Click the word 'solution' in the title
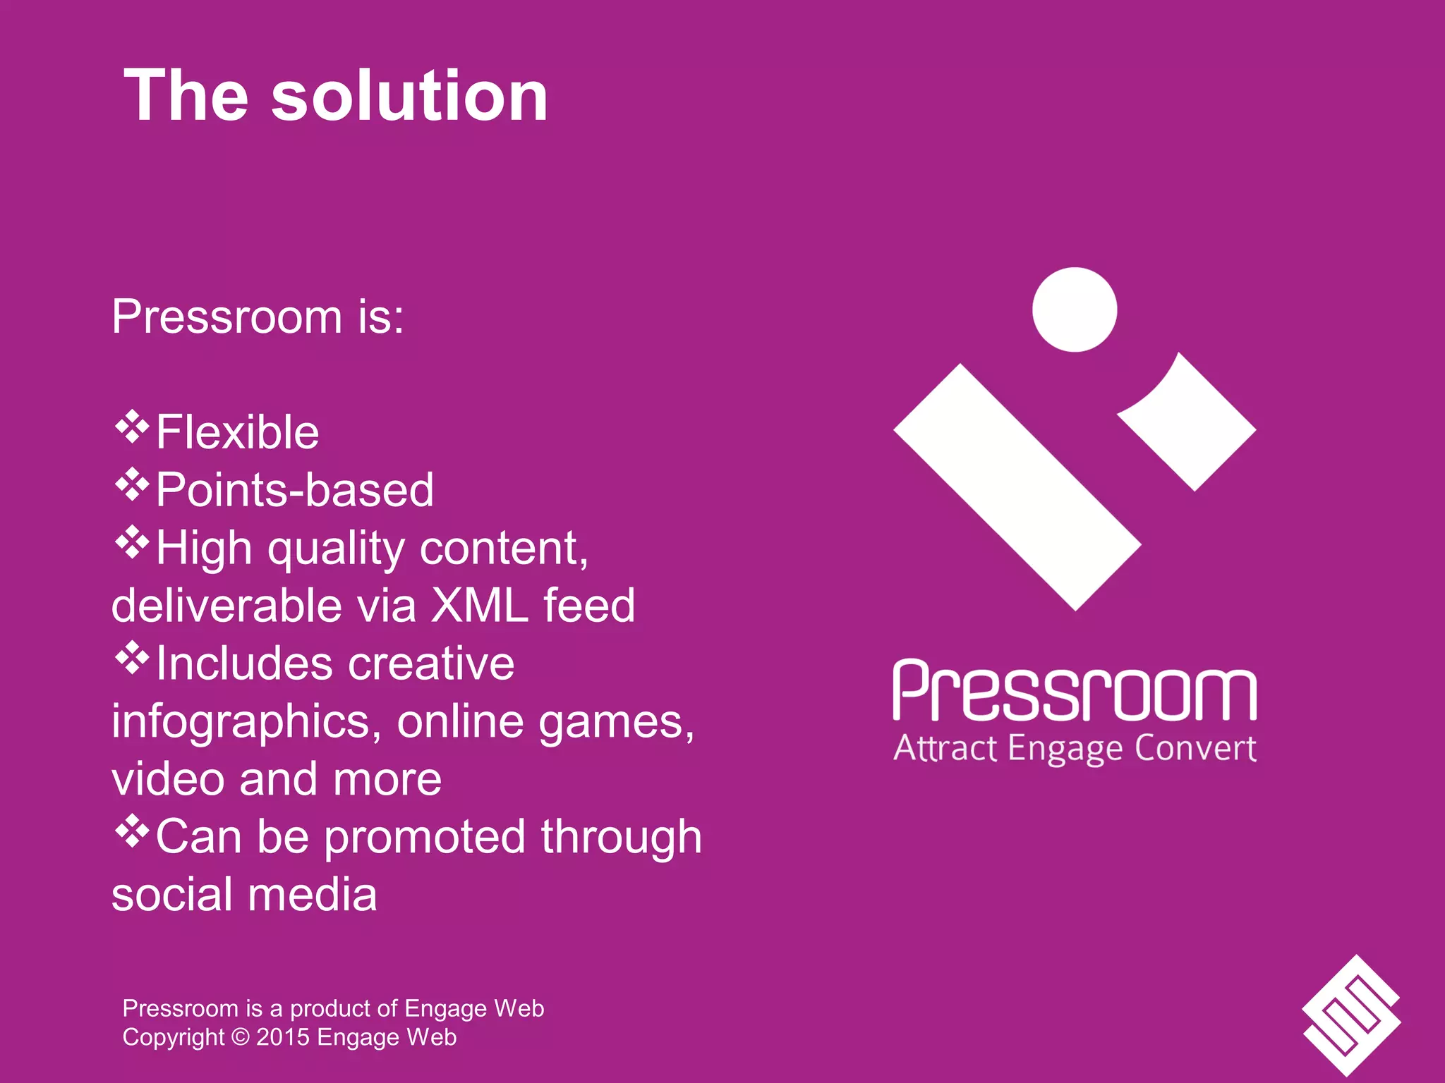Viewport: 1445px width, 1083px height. click(x=409, y=97)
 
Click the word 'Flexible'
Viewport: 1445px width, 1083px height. click(x=237, y=432)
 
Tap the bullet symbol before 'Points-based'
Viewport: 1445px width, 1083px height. click(x=132, y=485)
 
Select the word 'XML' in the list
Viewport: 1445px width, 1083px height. click(x=480, y=605)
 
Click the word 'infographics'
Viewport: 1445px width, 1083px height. click(x=240, y=722)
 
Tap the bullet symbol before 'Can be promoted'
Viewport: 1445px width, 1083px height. click(x=132, y=831)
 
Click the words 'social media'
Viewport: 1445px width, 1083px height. click(x=244, y=895)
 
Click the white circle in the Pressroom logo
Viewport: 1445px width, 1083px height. click(x=1074, y=310)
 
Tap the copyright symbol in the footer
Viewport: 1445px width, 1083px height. click(x=241, y=1037)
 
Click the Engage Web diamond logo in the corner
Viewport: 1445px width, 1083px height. click(x=1350, y=1015)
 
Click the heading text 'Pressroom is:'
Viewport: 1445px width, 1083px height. click(x=258, y=317)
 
